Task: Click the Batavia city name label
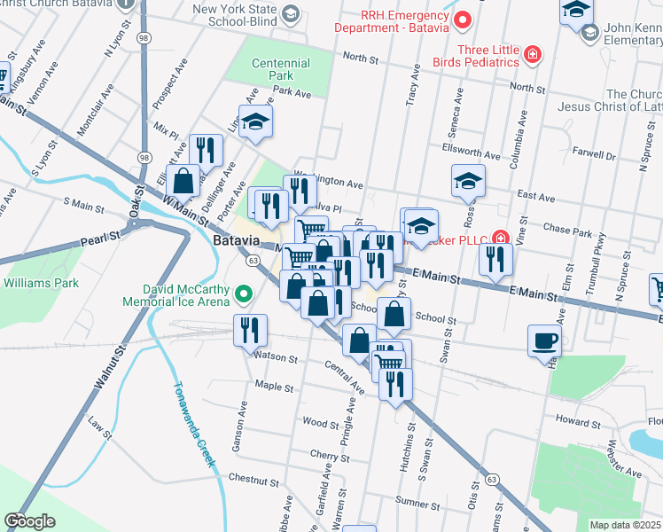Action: pyautogui.click(x=235, y=241)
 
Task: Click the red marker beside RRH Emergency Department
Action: pyautogui.click(x=461, y=20)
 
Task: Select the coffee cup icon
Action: pyautogui.click(x=544, y=340)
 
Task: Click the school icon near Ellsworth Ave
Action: pyautogui.click(x=467, y=181)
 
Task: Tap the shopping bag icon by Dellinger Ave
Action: pyautogui.click(x=183, y=179)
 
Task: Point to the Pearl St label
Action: pyautogui.click(x=99, y=239)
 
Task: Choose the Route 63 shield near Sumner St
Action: pyautogui.click(x=490, y=480)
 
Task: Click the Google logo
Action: pyautogui.click(x=29, y=521)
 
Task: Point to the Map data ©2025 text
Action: pyautogui.click(x=625, y=524)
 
